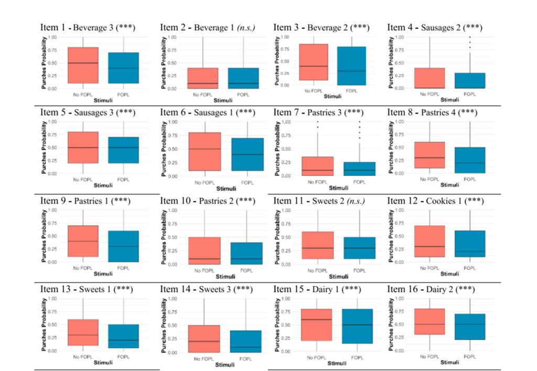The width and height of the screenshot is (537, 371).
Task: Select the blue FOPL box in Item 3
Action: (x=350, y=66)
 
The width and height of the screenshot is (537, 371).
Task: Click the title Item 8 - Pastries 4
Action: (x=436, y=112)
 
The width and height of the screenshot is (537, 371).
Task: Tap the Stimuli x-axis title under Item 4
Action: (x=446, y=99)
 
